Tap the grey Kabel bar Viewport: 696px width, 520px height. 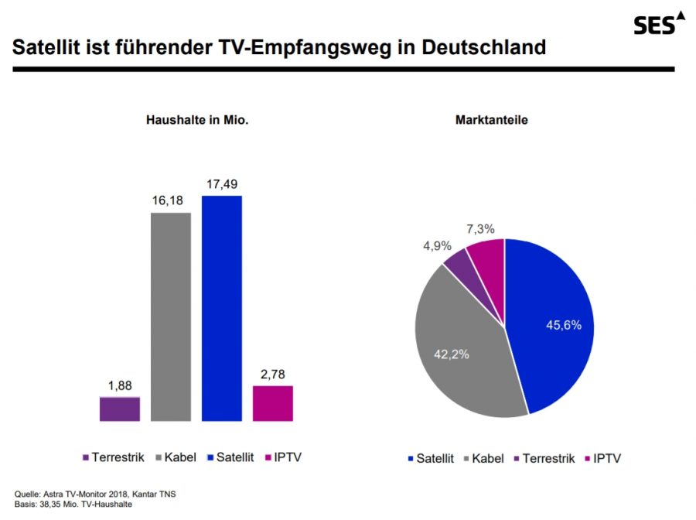[x=170, y=316]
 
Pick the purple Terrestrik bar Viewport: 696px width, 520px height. [x=120, y=409]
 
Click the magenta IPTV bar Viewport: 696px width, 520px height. [x=273, y=403]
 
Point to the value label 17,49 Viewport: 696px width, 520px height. [x=221, y=184]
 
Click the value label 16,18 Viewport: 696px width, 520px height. [x=170, y=201]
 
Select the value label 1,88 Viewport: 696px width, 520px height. [x=120, y=385]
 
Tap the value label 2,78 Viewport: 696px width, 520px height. [x=273, y=375]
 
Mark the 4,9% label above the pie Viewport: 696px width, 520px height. [x=437, y=245]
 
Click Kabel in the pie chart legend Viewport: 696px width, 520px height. [x=486, y=458]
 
